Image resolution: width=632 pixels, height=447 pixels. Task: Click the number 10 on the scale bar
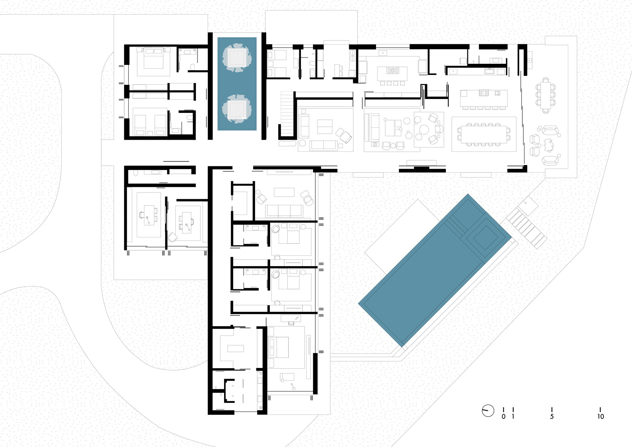(x=600, y=417)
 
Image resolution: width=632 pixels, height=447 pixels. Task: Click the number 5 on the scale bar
(x=552, y=417)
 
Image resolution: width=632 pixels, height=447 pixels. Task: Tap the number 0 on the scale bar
(x=503, y=417)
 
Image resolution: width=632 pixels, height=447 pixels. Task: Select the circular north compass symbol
(x=488, y=411)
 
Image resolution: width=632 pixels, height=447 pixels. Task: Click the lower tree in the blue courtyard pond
(x=237, y=109)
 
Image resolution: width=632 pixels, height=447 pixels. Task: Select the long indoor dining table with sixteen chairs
(x=483, y=134)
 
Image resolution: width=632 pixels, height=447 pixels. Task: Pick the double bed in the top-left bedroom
(x=154, y=58)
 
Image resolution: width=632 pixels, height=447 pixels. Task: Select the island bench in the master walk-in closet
(x=235, y=348)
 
